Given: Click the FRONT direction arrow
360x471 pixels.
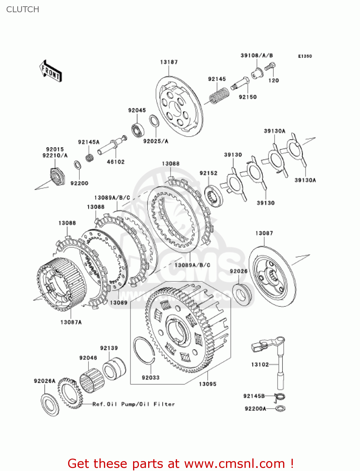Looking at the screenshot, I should pyautogui.click(x=50, y=71).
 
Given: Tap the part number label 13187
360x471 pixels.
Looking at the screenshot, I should pyautogui.click(x=169, y=62).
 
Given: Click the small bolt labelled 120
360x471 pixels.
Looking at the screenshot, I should pyautogui.click(x=270, y=67).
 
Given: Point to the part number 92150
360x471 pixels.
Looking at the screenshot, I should pyautogui.click(x=248, y=97).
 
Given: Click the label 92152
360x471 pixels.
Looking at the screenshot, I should pyautogui.click(x=208, y=173).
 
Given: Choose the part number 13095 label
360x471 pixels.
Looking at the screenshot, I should pyautogui.click(x=207, y=384).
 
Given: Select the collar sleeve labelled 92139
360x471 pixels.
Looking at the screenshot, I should pyautogui.click(x=114, y=369).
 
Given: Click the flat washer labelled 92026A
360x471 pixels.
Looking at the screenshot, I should pyautogui.click(x=50, y=405).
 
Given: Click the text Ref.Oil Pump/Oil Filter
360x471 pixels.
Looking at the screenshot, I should pyautogui.click(x=133, y=404).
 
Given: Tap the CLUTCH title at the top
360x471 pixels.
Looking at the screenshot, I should pyautogui.click(x=23, y=9).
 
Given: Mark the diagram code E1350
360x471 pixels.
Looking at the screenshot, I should pyautogui.click(x=305, y=56).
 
